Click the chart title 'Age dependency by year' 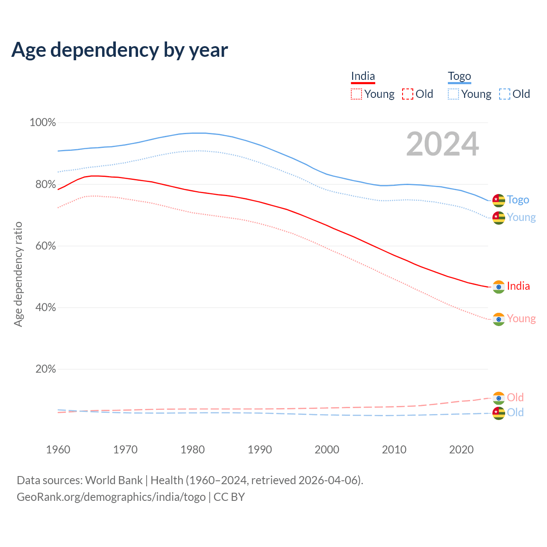pyautogui.click(x=120, y=50)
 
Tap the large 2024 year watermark pyautogui.click(x=442, y=144)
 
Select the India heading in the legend pyautogui.click(x=363, y=76)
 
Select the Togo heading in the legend pyautogui.click(x=459, y=76)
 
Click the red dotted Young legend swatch pyautogui.click(x=356, y=94)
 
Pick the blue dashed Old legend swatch pyautogui.click(x=505, y=94)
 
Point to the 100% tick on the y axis pyautogui.click(x=43, y=123)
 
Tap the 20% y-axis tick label pyautogui.click(x=45, y=369)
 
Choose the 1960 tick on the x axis pyautogui.click(x=58, y=450)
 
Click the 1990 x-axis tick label pyautogui.click(x=260, y=450)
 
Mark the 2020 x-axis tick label pyautogui.click(x=462, y=450)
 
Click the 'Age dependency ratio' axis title pyautogui.click(x=18, y=274)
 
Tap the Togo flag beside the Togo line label pyautogui.click(x=499, y=200)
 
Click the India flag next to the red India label pyautogui.click(x=499, y=287)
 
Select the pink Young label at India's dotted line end pyautogui.click(x=521, y=319)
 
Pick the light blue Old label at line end pyautogui.click(x=515, y=412)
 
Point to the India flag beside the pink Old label pyautogui.click(x=499, y=398)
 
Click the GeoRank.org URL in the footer pyautogui.click(x=111, y=497)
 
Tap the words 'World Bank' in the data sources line pyautogui.click(x=114, y=480)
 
